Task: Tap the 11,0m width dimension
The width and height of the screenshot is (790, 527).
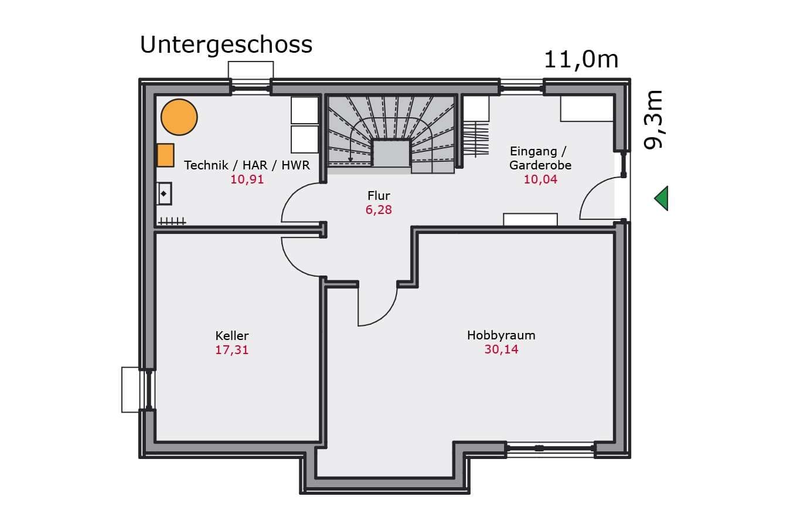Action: (x=581, y=60)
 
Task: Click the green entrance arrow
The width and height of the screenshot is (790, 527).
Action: (x=661, y=198)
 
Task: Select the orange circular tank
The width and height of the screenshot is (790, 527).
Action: (x=179, y=117)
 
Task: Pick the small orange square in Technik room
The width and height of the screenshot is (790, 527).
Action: (x=165, y=155)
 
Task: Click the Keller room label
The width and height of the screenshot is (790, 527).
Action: (x=232, y=335)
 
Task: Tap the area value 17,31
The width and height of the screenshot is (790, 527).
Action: (x=232, y=350)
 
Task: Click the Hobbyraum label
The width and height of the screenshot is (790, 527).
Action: (x=501, y=335)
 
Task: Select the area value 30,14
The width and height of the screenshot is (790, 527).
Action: (x=501, y=349)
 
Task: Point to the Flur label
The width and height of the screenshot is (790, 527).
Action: (x=379, y=195)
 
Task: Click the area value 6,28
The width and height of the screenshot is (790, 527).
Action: (x=379, y=210)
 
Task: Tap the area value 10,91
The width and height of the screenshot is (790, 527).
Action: (x=247, y=179)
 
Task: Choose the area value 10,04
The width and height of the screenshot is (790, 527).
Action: (x=540, y=179)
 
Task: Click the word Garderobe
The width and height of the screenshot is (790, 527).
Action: (x=540, y=165)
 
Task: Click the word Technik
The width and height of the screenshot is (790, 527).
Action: (x=206, y=165)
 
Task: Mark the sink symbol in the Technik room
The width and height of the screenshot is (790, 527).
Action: (x=164, y=193)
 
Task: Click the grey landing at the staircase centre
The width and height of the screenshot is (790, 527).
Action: (x=391, y=153)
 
